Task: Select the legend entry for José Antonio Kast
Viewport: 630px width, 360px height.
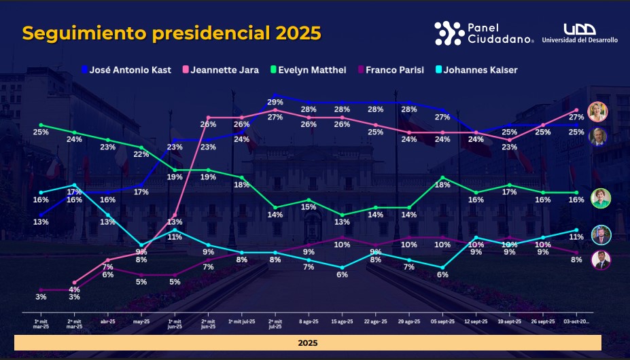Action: pos(126,70)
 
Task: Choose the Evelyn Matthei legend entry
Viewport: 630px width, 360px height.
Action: pos(309,70)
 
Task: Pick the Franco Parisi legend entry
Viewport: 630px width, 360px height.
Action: pos(389,70)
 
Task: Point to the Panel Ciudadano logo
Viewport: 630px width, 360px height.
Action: pos(483,33)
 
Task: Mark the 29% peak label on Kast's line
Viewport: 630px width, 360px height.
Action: pos(275,102)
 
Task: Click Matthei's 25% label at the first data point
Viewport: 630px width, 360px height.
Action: pos(41,132)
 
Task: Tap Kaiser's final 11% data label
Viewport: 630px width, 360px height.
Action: pos(576,237)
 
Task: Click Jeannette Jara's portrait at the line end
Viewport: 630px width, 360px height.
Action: pos(598,111)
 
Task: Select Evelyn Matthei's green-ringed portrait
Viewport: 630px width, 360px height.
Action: pos(601,198)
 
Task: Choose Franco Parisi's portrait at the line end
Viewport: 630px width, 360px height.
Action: pos(601,260)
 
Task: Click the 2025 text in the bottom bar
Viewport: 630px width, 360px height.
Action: pos(308,343)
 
